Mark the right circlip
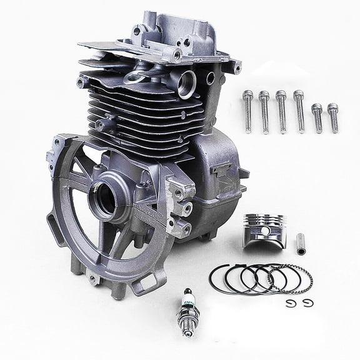pyautogui.click(x=307, y=304)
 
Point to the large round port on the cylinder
pyautogui.click(x=186, y=84)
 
